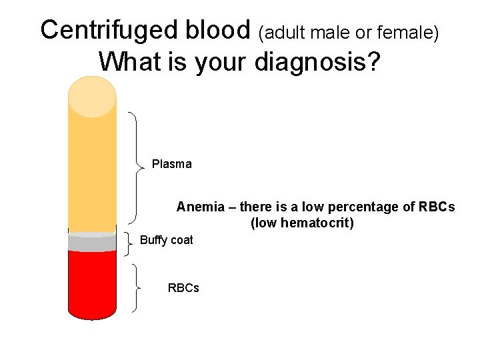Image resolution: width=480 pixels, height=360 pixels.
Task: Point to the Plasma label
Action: coord(171,164)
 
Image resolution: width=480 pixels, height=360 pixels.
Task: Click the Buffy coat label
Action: coord(166,240)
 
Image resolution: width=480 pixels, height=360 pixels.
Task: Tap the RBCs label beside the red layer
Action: coord(183,288)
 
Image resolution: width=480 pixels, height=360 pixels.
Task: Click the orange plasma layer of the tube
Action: coord(92,173)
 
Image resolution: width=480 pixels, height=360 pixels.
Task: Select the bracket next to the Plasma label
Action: coord(136,167)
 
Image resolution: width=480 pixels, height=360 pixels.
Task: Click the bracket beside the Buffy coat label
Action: coord(129,243)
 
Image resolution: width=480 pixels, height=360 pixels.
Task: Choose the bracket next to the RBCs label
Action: coord(136,288)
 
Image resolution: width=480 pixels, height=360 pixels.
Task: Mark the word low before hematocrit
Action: coord(265,223)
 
